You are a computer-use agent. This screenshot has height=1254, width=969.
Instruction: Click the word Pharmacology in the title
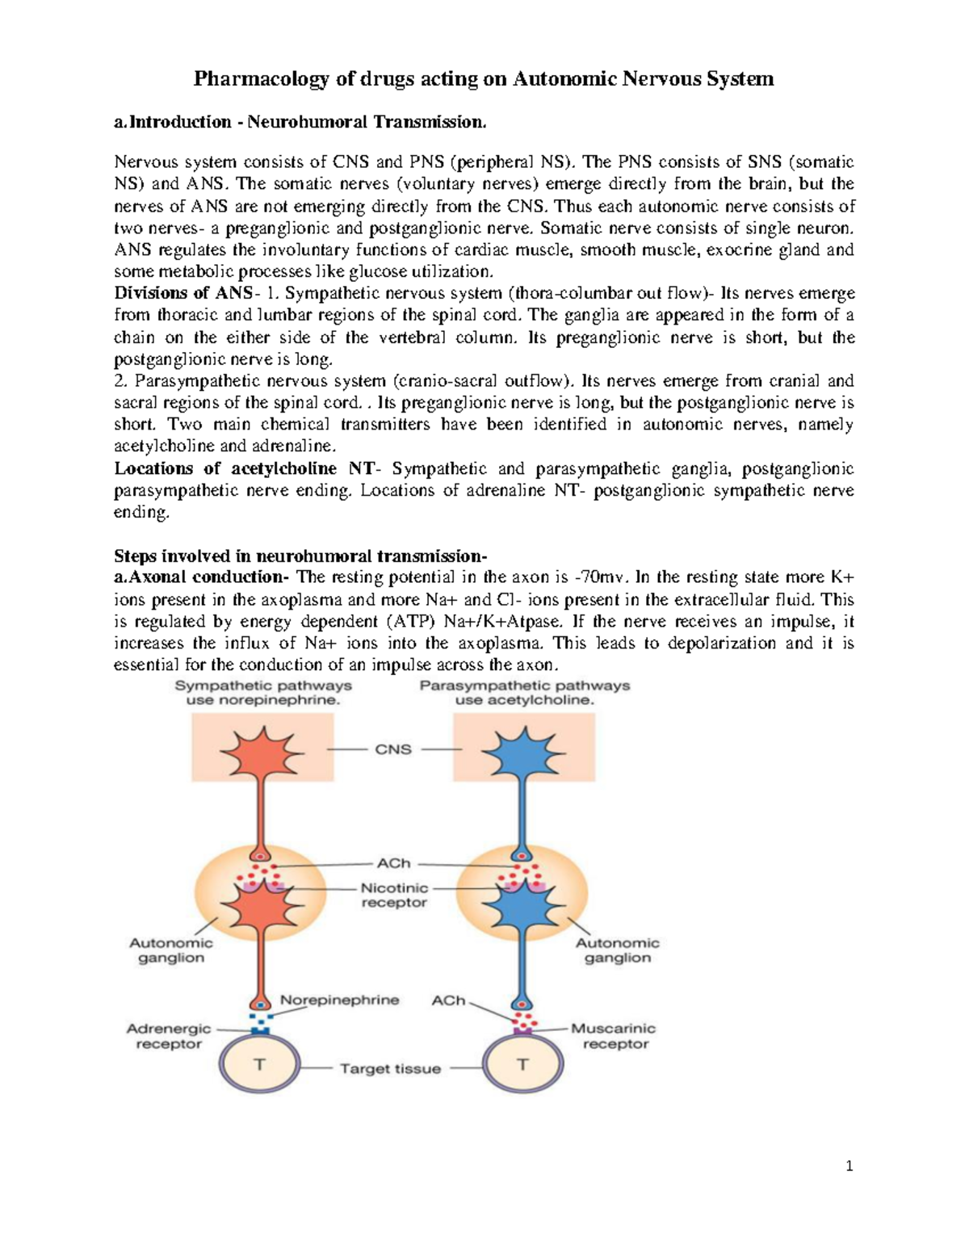[261, 79]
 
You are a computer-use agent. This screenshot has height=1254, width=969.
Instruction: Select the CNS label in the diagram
[393, 749]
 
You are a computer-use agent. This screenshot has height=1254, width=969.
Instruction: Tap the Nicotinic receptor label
[394, 895]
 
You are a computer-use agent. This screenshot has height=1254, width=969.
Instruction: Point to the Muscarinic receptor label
[614, 1036]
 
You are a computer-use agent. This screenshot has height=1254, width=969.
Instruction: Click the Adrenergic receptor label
[169, 1036]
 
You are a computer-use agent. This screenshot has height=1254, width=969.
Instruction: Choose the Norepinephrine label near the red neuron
[339, 1000]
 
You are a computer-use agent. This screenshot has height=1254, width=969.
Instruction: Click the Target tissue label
[391, 1068]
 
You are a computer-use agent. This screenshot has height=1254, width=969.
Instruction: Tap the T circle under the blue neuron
[522, 1064]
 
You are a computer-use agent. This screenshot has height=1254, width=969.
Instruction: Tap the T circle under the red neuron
[260, 1064]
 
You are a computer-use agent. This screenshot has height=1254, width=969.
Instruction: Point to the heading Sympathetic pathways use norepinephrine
[263, 693]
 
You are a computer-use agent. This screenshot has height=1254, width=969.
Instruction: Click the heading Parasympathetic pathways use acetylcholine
[525, 693]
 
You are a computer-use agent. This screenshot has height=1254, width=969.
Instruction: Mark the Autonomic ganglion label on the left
[171, 950]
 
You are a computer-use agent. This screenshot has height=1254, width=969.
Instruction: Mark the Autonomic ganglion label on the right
[618, 950]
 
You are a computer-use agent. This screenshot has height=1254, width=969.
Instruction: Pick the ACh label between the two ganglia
[394, 863]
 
